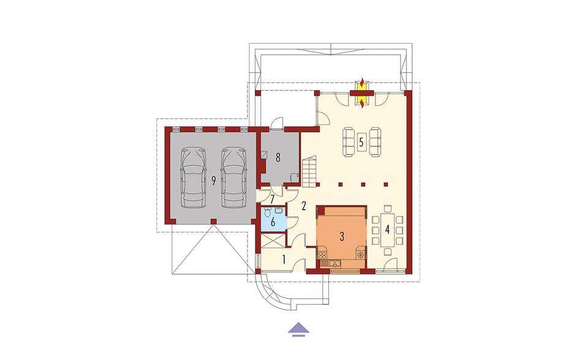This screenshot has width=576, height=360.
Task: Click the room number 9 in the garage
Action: pyautogui.click(x=213, y=180)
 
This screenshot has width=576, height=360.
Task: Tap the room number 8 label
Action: pyautogui.click(x=278, y=158)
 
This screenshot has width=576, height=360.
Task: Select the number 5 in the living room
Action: pyautogui.click(x=362, y=142)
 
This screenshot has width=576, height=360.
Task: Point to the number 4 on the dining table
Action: pyautogui.click(x=387, y=230)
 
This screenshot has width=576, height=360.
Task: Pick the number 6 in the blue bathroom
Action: pyautogui.click(x=273, y=222)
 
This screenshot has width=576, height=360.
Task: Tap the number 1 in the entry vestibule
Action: pyautogui.click(x=284, y=259)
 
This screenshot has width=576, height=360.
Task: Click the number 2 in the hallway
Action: pyautogui.click(x=304, y=206)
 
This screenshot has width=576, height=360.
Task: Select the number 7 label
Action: pyautogui.click(x=272, y=200)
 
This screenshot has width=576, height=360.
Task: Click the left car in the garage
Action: pyautogui.click(x=193, y=177)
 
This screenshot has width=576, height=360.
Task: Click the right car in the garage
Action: pyautogui.click(x=233, y=177)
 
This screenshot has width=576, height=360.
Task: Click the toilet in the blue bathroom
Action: pyautogui.click(x=267, y=212)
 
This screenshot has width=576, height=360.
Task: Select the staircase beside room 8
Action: pyautogui.click(x=309, y=171)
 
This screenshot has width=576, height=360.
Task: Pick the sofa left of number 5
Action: pyautogui.click(x=348, y=142)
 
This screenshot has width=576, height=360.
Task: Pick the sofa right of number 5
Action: pyautogui.click(x=375, y=142)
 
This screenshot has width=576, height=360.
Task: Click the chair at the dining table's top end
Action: pyautogui.click(x=387, y=209)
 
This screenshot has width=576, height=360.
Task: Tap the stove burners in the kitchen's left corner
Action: pyautogui.click(x=323, y=255)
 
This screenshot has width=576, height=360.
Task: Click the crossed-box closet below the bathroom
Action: pyautogui.click(x=273, y=240)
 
